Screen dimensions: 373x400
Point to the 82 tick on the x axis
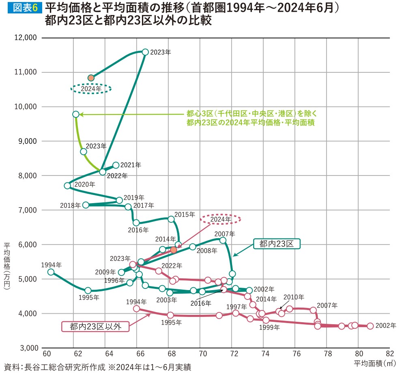click(390, 353)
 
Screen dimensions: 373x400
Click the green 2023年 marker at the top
click(145, 52)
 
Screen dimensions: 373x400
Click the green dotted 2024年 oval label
click(91, 89)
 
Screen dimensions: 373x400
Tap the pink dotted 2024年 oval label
click(221, 219)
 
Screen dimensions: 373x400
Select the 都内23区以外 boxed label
click(95, 326)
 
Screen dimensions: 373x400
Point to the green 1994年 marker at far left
click(51, 272)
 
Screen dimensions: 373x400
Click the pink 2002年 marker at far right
click(370, 326)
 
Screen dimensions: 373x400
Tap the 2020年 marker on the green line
click(67, 186)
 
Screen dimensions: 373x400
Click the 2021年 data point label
click(131, 165)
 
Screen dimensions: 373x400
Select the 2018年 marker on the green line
click(86, 205)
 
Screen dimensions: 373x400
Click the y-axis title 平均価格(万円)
click(7, 266)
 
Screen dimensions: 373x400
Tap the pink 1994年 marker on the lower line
click(136, 309)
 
